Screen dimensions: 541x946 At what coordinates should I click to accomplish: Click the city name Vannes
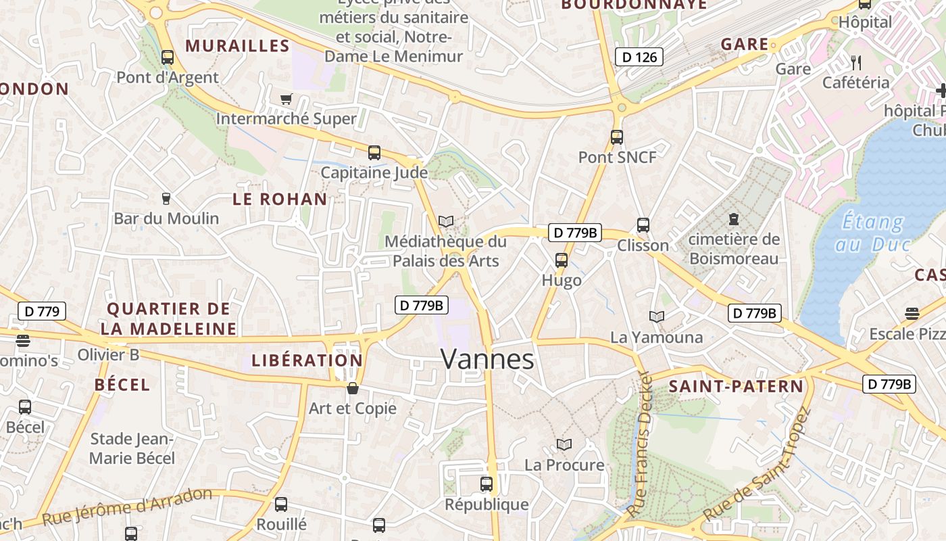tap(487, 359)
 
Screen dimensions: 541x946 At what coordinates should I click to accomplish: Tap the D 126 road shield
tap(639, 57)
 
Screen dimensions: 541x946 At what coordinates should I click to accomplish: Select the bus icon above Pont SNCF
tap(616, 137)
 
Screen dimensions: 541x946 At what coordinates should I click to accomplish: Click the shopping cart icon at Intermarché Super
tap(286, 99)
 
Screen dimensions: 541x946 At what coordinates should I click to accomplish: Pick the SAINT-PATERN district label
tap(736, 387)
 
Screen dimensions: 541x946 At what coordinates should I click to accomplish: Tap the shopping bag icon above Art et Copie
tap(352, 388)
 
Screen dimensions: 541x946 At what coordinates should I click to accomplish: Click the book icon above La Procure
tap(564, 444)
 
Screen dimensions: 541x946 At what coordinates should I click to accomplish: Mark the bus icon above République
tap(486, 484)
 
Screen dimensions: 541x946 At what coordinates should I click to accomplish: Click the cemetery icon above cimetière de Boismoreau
tap(733, 219)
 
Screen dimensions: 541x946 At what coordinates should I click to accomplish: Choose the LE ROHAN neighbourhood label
tap(280, 199)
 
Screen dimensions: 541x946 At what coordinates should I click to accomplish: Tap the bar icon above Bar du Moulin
tap(166, 198)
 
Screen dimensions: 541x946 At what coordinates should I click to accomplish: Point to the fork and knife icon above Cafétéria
tap(856, 63)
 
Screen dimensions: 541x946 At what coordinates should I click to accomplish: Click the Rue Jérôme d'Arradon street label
tap(127, 507)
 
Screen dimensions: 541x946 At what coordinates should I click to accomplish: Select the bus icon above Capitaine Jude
tap(374, 153)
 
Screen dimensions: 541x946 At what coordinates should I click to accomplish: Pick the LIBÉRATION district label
tap(307, 360)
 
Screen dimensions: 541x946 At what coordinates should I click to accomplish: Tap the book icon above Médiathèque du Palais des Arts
tap(445, 221)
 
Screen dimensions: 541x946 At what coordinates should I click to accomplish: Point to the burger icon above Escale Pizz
tap(912, 313)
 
